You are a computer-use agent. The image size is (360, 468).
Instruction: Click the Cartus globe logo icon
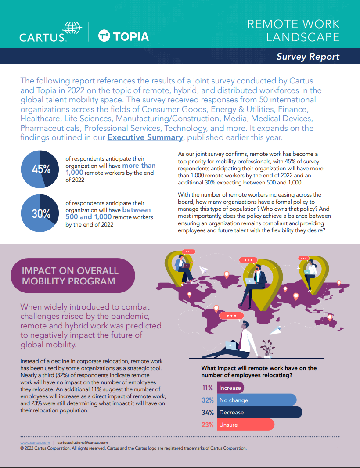(72, 28)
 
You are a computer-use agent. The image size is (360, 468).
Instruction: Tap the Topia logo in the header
(123, 36)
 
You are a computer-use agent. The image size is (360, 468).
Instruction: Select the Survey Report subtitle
(308, 57)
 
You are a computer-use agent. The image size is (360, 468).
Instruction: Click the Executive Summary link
(145, 137)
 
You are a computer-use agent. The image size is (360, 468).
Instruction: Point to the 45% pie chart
(39, 169)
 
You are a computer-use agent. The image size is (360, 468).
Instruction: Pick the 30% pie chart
(39, 214)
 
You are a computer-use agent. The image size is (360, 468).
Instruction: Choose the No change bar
(256, 400)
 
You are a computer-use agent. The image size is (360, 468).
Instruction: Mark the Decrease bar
(259, 413)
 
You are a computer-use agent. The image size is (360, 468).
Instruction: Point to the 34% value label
(208, 413)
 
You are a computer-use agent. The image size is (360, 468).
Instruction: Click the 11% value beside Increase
(208, 388)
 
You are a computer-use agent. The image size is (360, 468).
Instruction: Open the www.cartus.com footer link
(35, 443)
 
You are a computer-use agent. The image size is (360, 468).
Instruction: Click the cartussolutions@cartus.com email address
(83, 443)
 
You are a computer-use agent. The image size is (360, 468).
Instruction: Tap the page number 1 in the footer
(338, 448)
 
